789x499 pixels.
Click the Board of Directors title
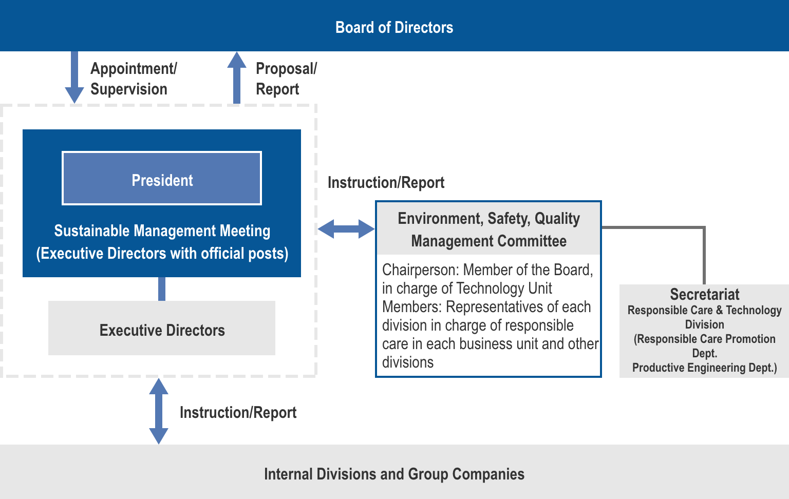point(394,27)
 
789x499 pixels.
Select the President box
point(162,179)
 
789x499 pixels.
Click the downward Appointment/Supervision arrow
point(74,77)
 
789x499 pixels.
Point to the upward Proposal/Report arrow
point(237,77)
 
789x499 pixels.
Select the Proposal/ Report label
point(286,79)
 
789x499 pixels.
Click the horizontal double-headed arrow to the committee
point(346,228)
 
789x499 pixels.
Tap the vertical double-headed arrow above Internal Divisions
point(159,411)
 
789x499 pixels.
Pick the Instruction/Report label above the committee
point(386,182)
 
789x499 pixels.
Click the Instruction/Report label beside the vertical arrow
point(238,412)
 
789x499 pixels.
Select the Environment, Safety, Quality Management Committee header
point(489,229)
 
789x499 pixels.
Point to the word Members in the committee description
point(411,306)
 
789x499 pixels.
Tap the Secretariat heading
point(704,294)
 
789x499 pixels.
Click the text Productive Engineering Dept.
point(704,368)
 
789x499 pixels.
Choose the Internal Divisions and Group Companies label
point(394,474)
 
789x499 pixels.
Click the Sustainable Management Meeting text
point(162,231)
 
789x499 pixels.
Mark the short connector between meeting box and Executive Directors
point(162,289)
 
